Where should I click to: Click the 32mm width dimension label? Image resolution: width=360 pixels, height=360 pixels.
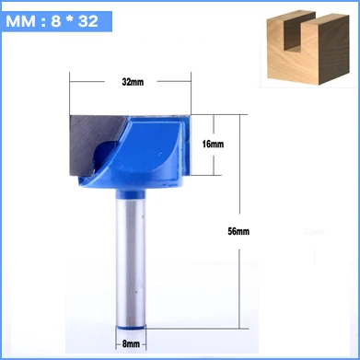(133, 82)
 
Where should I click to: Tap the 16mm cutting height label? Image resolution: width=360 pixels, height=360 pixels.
(213, 144)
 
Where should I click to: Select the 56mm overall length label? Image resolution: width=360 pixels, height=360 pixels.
(238, 231)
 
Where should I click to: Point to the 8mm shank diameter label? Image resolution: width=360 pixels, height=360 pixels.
(131, 344)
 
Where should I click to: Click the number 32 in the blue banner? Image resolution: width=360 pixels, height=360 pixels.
(87, 21)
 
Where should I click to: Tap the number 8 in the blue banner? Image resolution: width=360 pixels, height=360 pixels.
(55, 21)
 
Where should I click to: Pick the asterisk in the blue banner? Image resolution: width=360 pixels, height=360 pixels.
(69, 20)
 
